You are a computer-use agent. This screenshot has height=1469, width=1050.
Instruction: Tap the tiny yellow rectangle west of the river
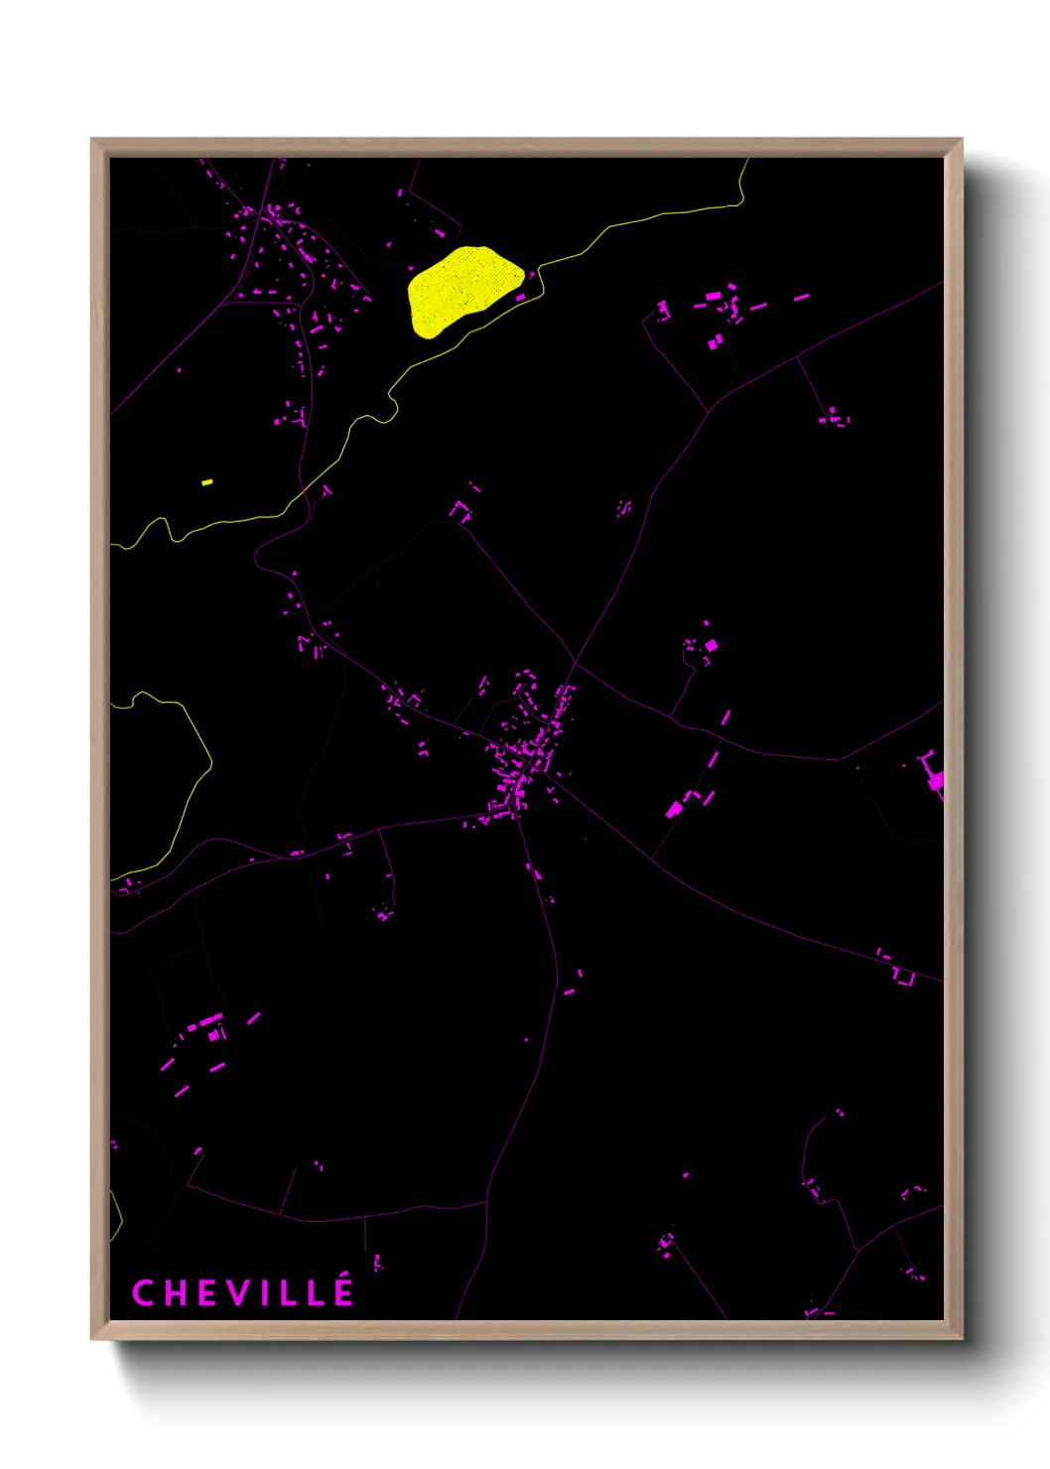pos(207,482)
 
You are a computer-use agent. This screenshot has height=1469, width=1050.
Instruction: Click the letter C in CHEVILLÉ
pos(143,1293)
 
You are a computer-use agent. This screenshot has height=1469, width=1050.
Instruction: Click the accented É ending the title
pos(342,1293)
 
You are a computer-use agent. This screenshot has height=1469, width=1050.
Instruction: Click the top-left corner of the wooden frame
pos(92,140)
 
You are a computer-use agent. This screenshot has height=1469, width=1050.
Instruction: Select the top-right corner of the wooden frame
pos(961,140)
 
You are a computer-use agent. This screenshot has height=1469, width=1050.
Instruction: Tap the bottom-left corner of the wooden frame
pos(92,1338)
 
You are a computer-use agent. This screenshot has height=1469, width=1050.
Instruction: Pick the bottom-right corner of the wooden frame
pos(961,1338)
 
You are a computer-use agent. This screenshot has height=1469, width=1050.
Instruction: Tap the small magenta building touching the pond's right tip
pos(520,297)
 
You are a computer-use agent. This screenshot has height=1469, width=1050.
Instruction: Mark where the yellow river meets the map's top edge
pos(747,160)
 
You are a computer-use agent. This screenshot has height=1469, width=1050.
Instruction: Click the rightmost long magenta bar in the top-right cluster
pos(801,297)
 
